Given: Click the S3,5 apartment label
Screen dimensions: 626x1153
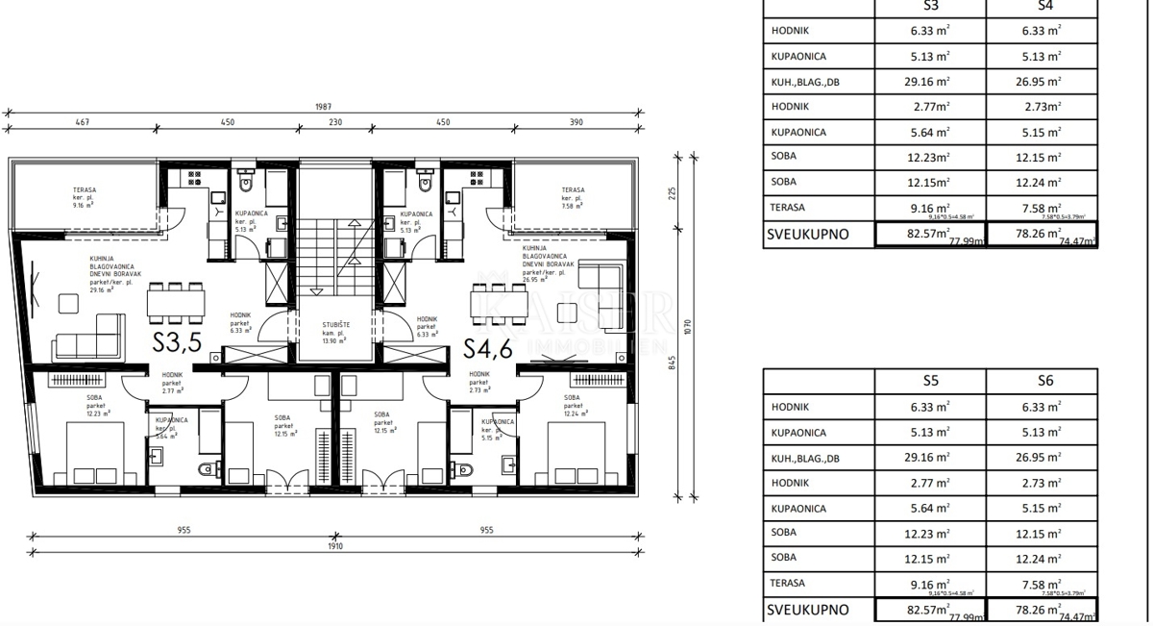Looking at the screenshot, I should [177, 342].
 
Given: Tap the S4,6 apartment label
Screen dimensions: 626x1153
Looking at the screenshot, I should [489, 346].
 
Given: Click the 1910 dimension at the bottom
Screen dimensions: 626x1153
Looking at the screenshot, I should [334, 545].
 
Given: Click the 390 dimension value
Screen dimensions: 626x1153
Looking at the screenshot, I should [576, 122].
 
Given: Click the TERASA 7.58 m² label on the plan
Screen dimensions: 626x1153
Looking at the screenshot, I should [573, 197].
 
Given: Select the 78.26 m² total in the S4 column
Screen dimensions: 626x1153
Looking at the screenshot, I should [1042, 234].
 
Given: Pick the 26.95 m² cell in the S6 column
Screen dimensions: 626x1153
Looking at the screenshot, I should [1042, 459].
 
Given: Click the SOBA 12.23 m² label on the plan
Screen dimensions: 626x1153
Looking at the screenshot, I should [95, 406].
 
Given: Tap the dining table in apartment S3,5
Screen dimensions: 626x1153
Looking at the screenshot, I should [176, 302].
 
